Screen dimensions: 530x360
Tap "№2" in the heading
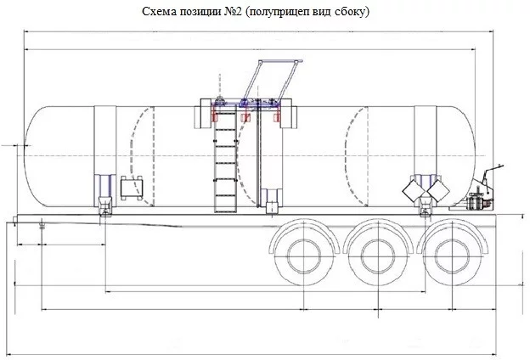pyautogui.click(x=233, y=12)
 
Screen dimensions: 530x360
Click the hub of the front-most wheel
pyautogui.click(x=304, y=256)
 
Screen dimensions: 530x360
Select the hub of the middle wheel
pyautogui.click(x=378, y=256)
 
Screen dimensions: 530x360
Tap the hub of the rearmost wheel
pyautogui.click(x=452, y=256)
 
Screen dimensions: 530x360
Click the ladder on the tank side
pyautogui.click(x=225, y=162)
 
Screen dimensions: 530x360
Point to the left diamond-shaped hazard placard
pyautogui.click(x=413, y=190)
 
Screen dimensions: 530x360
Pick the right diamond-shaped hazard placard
pyautogui.click(x=438, y=190)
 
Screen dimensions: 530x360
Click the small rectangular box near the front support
pyautogui.click(x=132, y=188)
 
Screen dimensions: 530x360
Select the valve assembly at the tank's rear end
pyautogui.click(x=477, y=202)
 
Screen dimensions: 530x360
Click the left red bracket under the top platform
pyautogui.click(x=214, y=117)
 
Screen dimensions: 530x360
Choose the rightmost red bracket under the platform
pyautogui.click(x=277, y=117)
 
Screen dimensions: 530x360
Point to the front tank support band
pyautogui.click(x=104, y=155)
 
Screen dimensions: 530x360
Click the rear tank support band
pyautogui.click(x=426, y=155)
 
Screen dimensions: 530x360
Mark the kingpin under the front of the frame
pyautogui.click(x=42, y=224)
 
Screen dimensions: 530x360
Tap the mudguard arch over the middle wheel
pyautogui.click(x=378, y=227)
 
